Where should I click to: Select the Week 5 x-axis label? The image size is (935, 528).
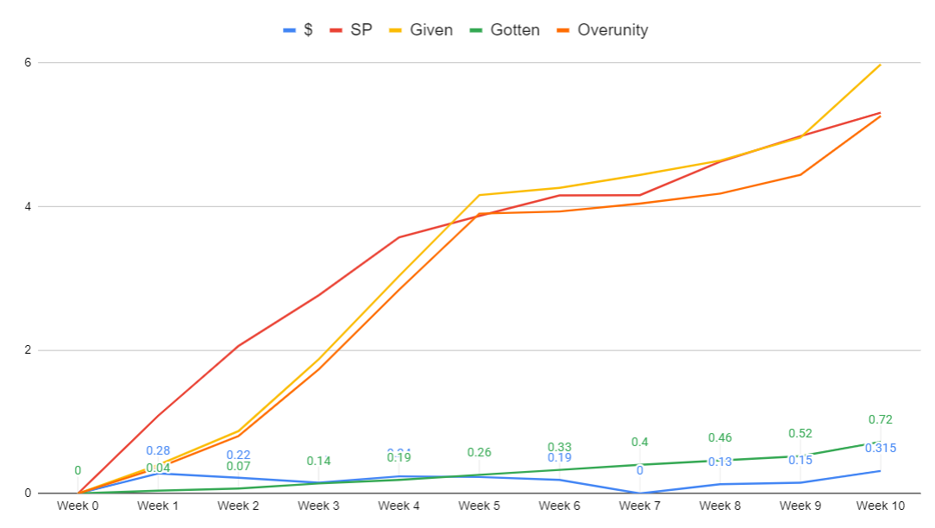479,506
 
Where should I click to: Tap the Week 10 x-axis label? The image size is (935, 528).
881,506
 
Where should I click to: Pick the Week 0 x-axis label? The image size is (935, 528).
78,506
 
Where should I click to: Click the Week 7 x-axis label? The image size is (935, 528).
639,506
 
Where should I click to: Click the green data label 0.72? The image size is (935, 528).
881,420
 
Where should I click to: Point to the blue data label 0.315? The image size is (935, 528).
881,448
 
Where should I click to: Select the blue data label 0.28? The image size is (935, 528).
158,450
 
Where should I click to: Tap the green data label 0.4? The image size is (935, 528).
639,442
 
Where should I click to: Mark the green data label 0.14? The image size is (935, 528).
318,461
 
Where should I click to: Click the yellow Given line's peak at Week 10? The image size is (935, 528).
881,64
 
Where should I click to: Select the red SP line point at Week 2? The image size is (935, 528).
238,346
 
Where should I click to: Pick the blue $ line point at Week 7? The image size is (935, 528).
639,493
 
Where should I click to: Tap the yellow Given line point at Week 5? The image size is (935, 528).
479,195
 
